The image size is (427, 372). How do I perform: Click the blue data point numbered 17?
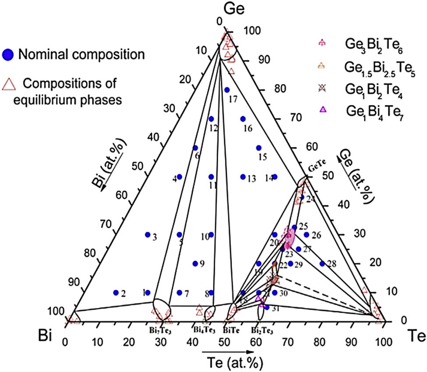coord(227,90)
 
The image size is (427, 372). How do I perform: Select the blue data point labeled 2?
coord(116,292)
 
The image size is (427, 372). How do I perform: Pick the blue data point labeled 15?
coord(259,148)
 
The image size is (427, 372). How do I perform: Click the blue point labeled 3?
coord(148,234)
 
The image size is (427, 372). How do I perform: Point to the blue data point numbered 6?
coord(195,148)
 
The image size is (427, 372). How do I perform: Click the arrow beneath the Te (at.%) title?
coord(227,351)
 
